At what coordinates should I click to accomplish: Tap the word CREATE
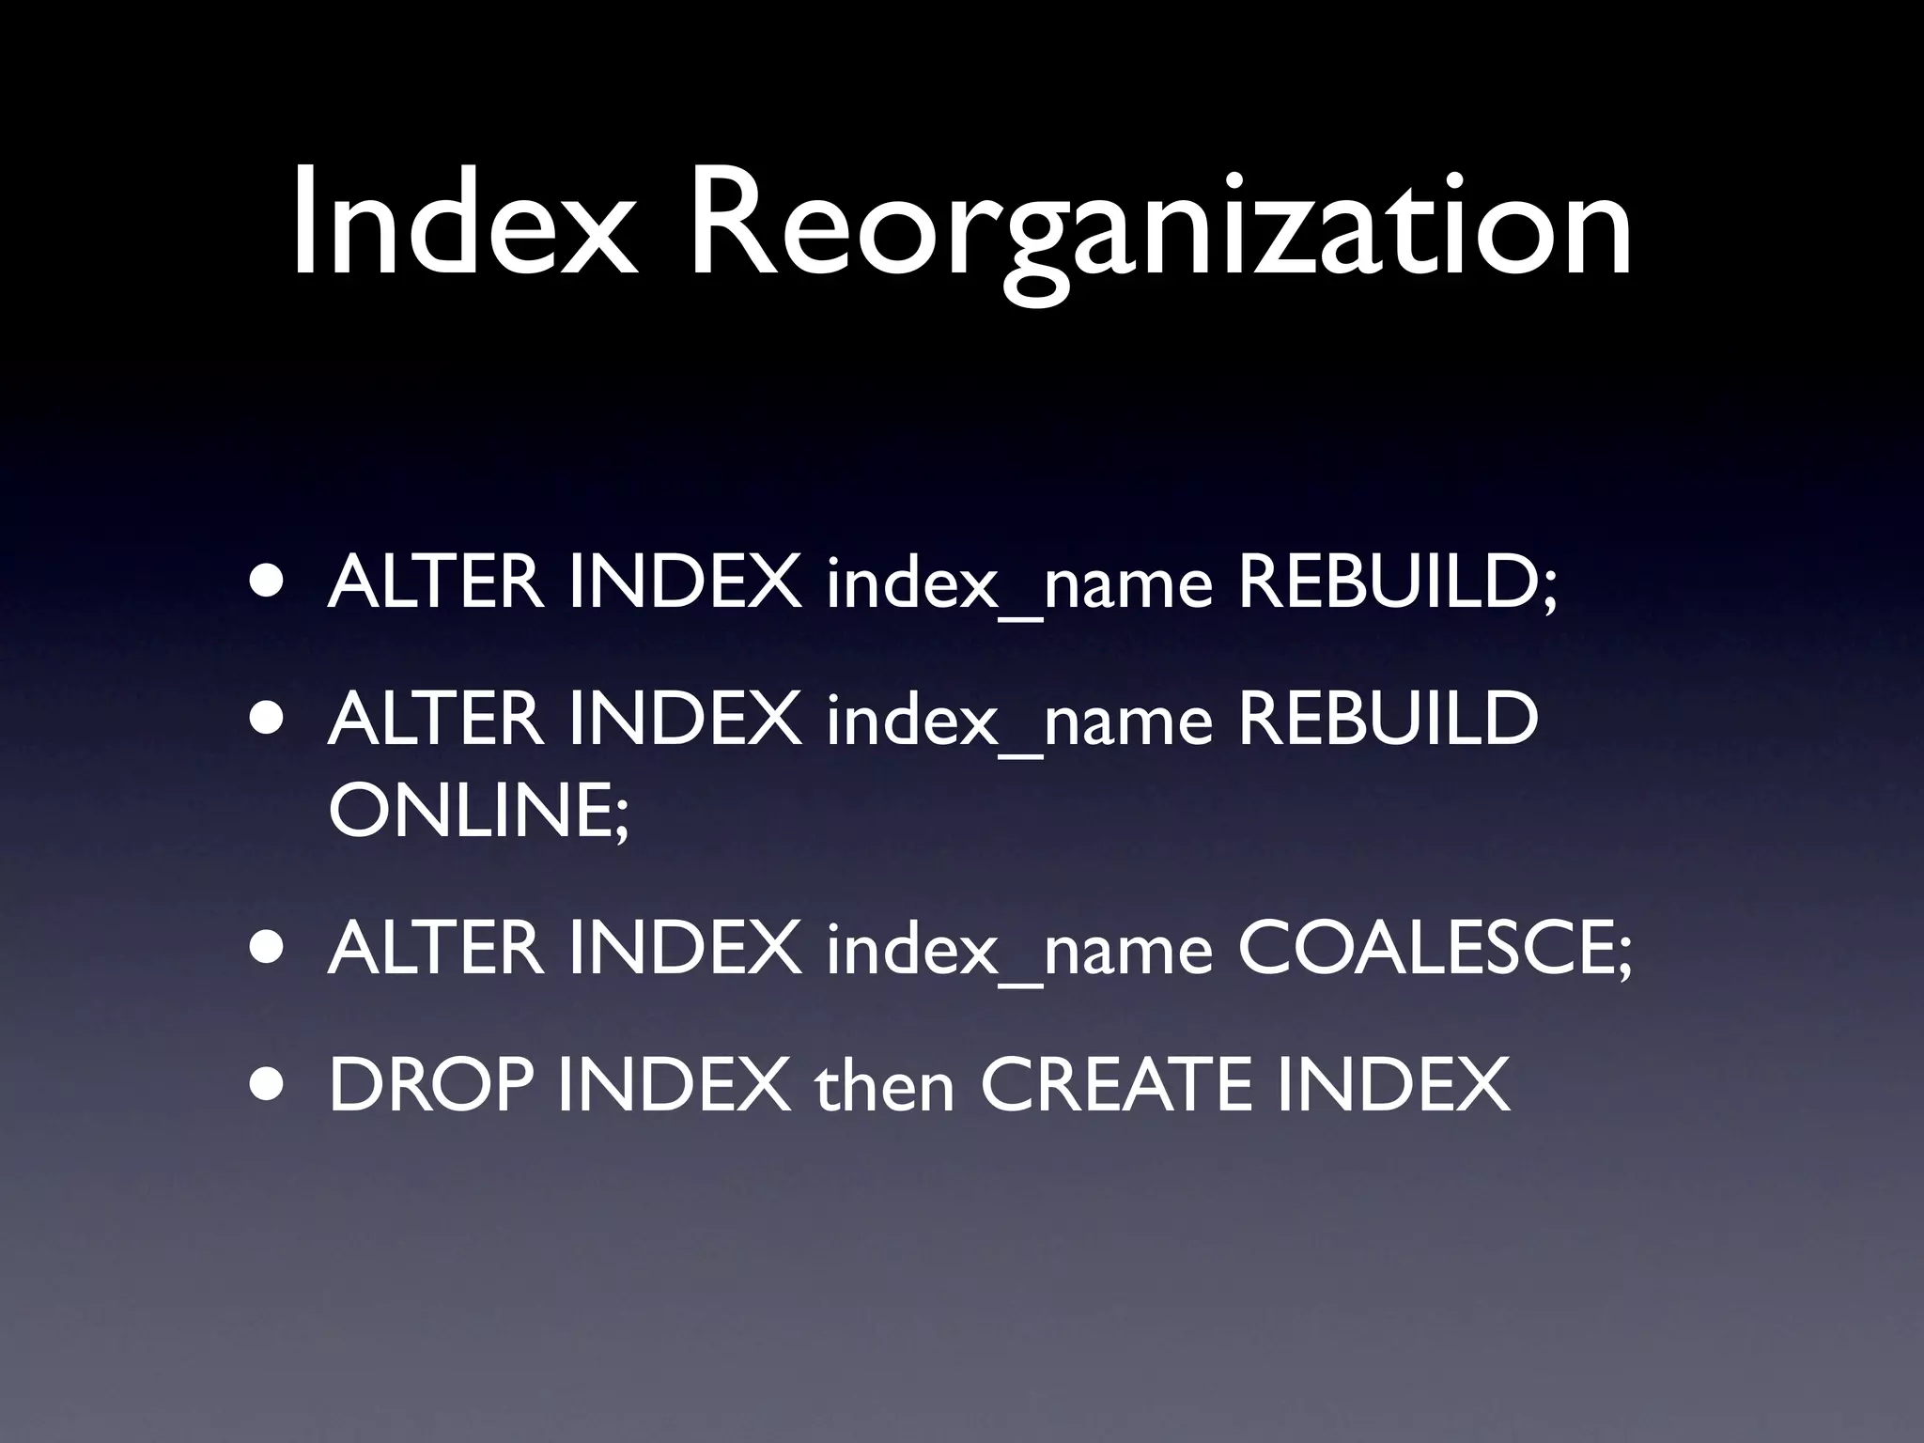pos(1115,1085)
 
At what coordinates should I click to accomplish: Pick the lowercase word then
pos(884,1085)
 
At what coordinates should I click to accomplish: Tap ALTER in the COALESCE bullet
pos(435,948)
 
